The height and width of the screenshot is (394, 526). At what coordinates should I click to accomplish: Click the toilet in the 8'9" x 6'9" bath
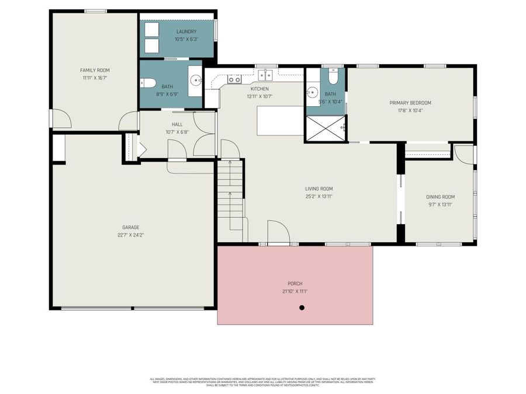[x=148, y=83]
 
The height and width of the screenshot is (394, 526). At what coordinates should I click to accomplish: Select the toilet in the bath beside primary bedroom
[x=333, y=76]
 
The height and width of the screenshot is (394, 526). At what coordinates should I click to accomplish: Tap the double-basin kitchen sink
[x=266, y=75]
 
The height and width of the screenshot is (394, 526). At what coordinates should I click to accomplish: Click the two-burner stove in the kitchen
[x=234, y=78]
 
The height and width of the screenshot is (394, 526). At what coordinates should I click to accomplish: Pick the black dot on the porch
[x=302, y=308]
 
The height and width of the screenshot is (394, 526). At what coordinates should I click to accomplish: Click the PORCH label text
[x=295, y=284]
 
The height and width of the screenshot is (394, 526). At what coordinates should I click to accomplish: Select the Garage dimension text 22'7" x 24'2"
[x=131, y=235]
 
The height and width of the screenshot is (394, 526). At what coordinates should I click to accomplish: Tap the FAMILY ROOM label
[x=95, y=70]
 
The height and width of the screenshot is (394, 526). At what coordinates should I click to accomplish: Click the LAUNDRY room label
[x=186, y=32]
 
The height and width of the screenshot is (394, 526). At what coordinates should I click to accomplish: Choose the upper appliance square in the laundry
[x=151, y=29]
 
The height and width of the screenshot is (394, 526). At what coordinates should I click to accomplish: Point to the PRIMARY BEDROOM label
[x=410, y=103]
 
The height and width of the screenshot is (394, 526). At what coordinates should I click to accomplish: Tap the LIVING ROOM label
[x=319, y=189]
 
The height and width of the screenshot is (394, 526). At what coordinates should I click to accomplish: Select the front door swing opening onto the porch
[x=278, y=232]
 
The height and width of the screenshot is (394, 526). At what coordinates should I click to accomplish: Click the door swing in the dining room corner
[x=463, y=154]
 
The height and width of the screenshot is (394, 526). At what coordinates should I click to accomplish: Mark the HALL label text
[x=177, y=124]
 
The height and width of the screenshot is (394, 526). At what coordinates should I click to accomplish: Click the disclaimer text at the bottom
[x=263, y=382]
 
